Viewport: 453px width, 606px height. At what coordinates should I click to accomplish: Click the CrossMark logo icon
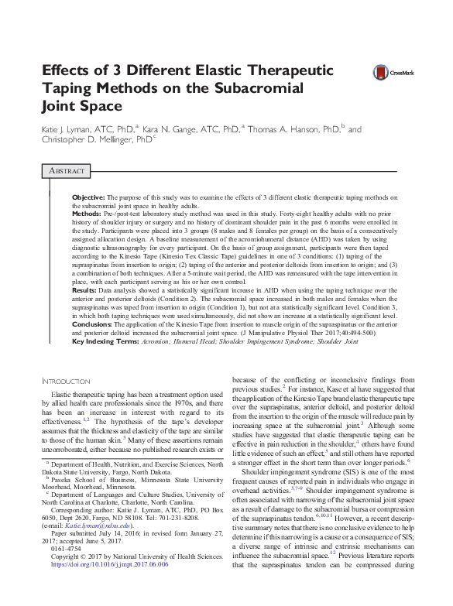381,72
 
